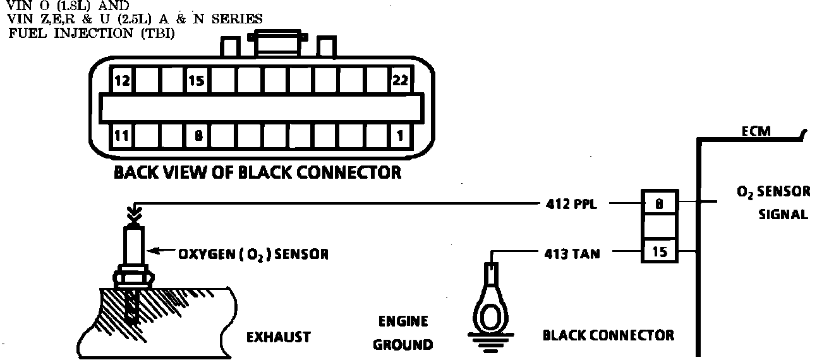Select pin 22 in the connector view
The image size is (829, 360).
coord(399,81)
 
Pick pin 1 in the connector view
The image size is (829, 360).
coord(399,135)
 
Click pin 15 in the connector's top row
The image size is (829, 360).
coord(197,81)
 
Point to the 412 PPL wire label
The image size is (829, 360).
coord(571,204)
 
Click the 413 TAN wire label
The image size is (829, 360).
coord(572,255)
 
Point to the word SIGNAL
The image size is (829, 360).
coord(783,215)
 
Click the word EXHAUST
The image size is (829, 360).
coord(278,337)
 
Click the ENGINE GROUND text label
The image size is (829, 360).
coord(402,333)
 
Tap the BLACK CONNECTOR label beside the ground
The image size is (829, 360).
coord(608,335)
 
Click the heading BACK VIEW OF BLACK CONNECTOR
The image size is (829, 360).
coord(257,172)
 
